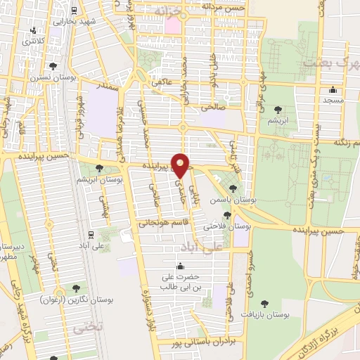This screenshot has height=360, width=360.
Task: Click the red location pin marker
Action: (181, 165)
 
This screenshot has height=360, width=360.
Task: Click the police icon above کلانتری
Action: (34, 30)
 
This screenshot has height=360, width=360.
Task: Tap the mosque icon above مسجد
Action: (333, 91)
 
